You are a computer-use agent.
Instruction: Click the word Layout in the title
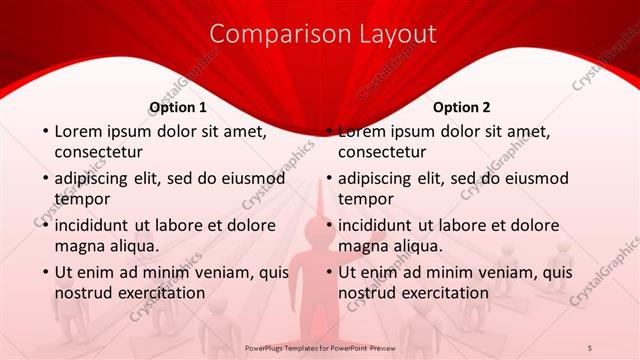[391, 34]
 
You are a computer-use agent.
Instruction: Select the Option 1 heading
[178, 107]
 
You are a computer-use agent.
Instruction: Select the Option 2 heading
[461, 107]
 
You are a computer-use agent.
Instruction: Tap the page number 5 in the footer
[589, 346]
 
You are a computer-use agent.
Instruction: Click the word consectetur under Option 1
[98, 152]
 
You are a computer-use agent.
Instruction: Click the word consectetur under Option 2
[382, 152]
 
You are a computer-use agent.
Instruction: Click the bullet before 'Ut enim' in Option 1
[44, 272]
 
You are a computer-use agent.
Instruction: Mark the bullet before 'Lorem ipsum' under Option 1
[44, 131]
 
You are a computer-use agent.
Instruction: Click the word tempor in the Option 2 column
[365, 199]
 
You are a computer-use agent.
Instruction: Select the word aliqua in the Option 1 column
[133, 245]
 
